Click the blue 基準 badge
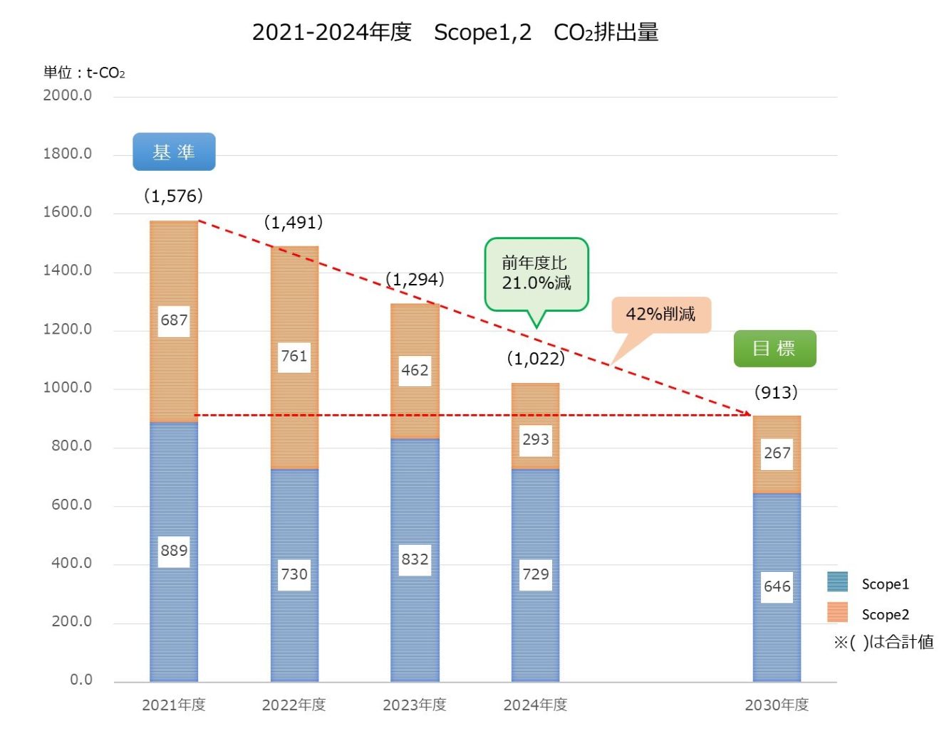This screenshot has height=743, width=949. [174, 152]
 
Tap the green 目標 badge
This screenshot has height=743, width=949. [774, 348]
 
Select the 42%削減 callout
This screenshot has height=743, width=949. [660, 314]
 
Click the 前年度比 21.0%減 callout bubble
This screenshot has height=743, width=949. [536, 274]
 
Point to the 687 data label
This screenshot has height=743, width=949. [174, 320]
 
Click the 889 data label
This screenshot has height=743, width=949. [174, 551]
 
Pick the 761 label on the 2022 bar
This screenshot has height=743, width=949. [294, 356]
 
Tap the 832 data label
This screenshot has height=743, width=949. [415, 559]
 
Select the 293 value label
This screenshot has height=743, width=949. [536, 439]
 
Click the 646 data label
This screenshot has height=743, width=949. [777, 586]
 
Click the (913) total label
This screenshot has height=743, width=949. [776, 392]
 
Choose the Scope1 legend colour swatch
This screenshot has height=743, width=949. [838, 582]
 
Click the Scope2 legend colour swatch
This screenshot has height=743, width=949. [838, 613]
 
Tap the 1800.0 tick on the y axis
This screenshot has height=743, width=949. [68, 154]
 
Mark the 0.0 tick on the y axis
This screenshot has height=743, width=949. [81, 680]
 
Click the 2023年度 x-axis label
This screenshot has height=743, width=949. [415, 705]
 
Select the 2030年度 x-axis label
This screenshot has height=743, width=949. [777, 705]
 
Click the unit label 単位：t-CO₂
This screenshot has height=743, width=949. [84, 73]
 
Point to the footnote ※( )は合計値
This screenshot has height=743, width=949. [883, 642]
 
